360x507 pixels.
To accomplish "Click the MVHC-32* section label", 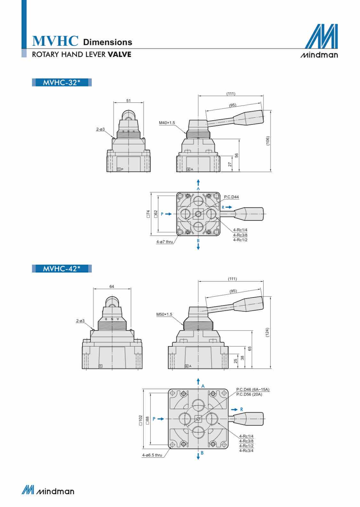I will (x=62, y=83).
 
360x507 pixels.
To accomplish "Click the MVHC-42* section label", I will (x=62, y=269).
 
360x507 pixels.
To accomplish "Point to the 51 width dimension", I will (x=128, y=100).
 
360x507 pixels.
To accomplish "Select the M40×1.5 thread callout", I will (x=167, y=123).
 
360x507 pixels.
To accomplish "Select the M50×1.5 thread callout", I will (x=164, y=314).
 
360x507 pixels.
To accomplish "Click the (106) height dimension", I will (x=268, y=141).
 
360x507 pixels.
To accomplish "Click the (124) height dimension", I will (x=268, y=332).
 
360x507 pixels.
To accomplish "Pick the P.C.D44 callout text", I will (x=231, y=197).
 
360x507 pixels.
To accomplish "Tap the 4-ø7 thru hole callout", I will (x=164, y=242).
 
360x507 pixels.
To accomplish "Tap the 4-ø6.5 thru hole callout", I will (x=152, y=455).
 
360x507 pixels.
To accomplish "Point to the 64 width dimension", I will (x=112, y=287).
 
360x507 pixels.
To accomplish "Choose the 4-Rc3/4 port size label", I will (x=246, y=451).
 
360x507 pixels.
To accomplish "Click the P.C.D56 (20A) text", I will (x=249, y=394).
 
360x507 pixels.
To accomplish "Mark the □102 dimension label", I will (x=140, y=420).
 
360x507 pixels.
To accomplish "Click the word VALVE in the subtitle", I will (x=119, y=54).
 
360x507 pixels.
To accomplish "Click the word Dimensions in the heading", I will (x=108, y=42).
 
